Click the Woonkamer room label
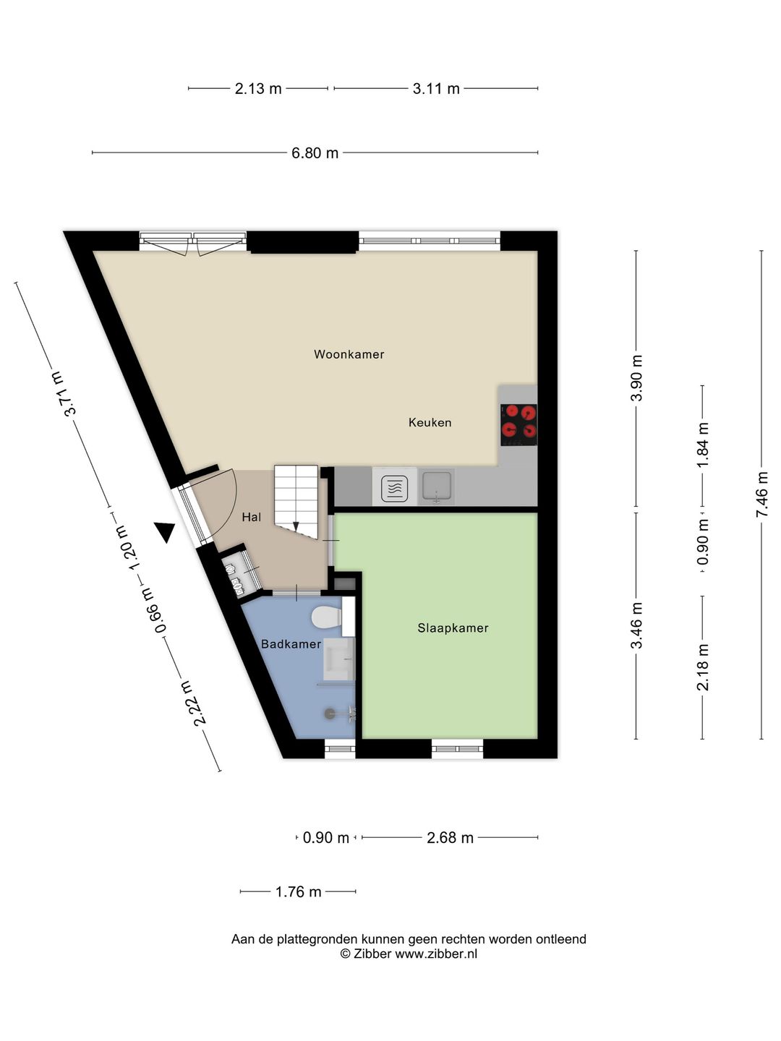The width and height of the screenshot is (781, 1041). (349, 354)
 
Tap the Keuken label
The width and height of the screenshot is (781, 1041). (430, 423)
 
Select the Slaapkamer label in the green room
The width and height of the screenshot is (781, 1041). (453, 628)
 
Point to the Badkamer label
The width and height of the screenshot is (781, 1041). (291, 644)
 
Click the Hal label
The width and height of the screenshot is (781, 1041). (252, 517)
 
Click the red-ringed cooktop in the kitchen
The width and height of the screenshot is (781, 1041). (518, 424)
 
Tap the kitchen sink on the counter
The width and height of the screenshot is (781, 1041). (436, 487)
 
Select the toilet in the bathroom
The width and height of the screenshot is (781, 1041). (326, 617)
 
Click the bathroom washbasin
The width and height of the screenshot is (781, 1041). (339, 659)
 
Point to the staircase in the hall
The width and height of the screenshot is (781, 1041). (296, 501)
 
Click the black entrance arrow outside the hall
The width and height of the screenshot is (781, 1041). (165, 532)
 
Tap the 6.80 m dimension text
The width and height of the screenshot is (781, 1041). (315, 153)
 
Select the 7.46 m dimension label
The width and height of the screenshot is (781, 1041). (761, 494)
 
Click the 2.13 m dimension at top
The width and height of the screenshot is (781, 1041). (258, 89)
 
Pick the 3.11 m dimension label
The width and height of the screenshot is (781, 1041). (436, 89)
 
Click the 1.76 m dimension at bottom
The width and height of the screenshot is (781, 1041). (299, 892)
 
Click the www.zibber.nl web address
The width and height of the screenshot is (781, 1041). (436, 954)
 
